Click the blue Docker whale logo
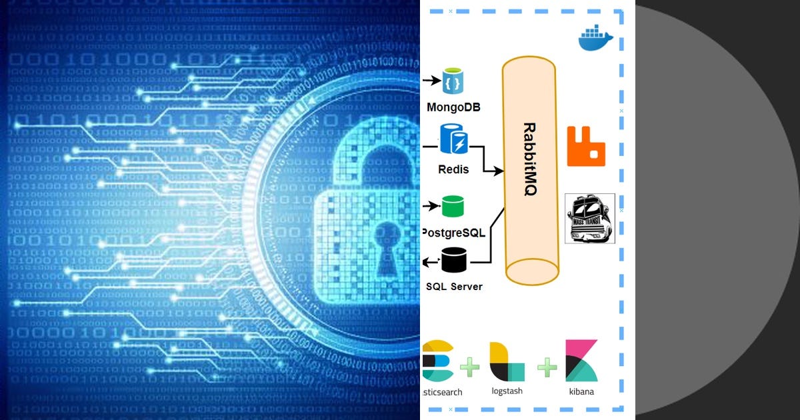pyautogui.click(x=595, y=39)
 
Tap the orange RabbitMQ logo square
pyautogui.click(x=585, y=146)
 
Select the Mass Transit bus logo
pyautogui.click(x=589, y=219)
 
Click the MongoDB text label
pyautogui.click(x=454, y=107)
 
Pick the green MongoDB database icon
pyautogui.click(x=454, y=81)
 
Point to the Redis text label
pyautogui.click(x=453, y=169)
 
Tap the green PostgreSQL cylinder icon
pyautogui.click(x=453, y=207)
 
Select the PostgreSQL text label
pyautogui.click(x=454, y=233)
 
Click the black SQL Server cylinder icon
pyautogui.click(x=454, y=259)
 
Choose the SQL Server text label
pyautogui.click(x=454, y=287)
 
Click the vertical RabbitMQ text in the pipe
pyautogui.click(x=530, y=159)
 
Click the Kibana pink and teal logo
pyautogui.click(x=581, y=360)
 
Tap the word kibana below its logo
pyautogui.click(x=581, y=391)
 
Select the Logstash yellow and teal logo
pyautogui.click(x=507, y=361)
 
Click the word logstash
pyautogui.click(x=507, y=391)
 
